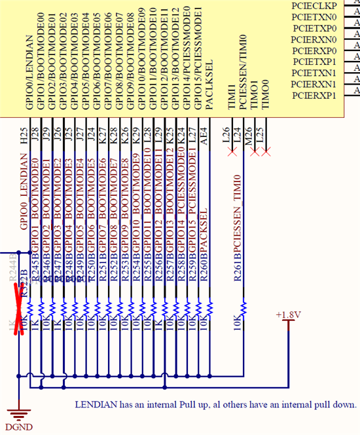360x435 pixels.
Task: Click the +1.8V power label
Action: [x=288, y=315]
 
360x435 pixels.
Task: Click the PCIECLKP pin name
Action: [x=314, y=5]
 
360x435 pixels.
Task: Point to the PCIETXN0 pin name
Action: [x=314, y=16]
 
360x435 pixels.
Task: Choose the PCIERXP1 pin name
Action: [x=314, y=96]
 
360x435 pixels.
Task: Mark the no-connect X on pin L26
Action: [x=230, y=152]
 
